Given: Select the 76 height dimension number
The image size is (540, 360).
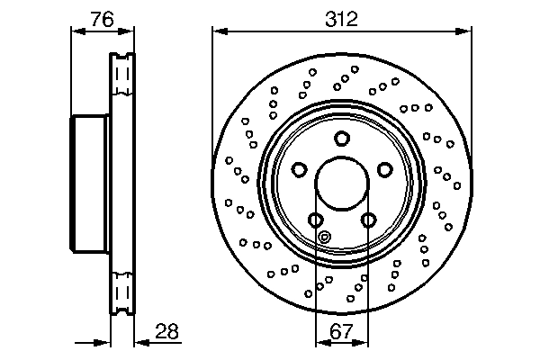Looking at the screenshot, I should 100,18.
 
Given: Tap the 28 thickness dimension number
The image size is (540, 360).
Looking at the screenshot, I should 165,331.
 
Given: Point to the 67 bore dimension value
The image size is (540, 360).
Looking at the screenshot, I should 342,331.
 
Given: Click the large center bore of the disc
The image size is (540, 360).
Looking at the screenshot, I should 342,185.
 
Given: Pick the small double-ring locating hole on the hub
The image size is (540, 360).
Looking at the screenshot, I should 326,238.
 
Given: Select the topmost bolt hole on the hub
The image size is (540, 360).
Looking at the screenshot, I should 342,138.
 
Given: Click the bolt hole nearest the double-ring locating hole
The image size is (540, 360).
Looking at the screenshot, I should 315,220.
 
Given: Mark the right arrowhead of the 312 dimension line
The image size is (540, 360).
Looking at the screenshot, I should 466,31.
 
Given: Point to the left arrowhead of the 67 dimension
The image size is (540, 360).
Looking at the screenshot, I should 319,343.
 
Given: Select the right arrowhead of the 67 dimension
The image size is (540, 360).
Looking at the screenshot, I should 364,343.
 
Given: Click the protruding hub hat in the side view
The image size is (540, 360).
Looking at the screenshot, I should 89,185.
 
